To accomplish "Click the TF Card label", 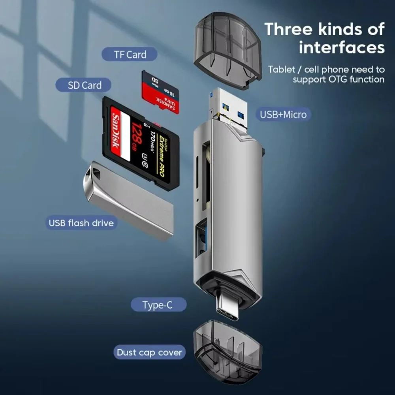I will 130,55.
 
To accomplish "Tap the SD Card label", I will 84,85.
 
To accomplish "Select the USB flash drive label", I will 81,223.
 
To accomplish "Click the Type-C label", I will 158,305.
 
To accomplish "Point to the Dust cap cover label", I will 149,352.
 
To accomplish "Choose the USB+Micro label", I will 283,115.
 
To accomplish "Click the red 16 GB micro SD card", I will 160,92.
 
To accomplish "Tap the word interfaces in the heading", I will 341,48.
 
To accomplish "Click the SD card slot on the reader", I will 206,174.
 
